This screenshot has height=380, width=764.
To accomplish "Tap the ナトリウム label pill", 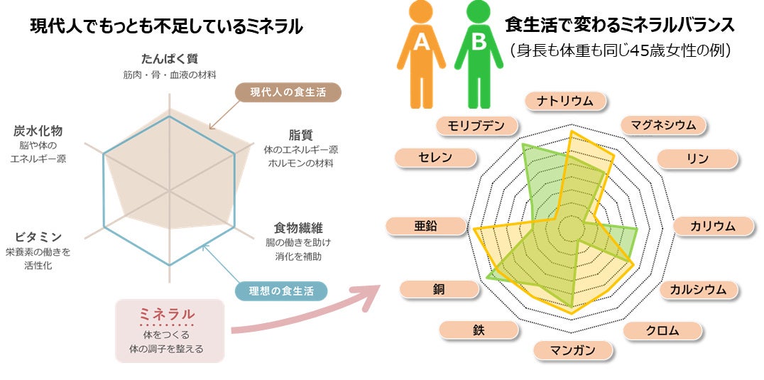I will click(566, 100).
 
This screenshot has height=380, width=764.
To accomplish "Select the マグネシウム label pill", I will click(664, 126).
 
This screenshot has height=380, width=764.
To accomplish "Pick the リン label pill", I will click(697, 158).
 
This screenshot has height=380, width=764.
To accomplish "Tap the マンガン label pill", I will click(573, 350).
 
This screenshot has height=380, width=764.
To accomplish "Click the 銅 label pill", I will click(439, 289).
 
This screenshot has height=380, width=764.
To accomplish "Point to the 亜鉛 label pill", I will click(425, 226).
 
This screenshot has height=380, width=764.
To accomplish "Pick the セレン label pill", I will click(435, 158).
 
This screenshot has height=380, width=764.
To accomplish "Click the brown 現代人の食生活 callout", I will click(288, 92).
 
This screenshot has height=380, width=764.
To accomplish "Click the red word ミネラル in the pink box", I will click(167, 314).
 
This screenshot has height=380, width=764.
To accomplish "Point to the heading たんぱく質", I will click(168, 58).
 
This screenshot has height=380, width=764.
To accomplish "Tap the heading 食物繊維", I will click(298, 228).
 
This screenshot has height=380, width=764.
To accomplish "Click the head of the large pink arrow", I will click(371, 294).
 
